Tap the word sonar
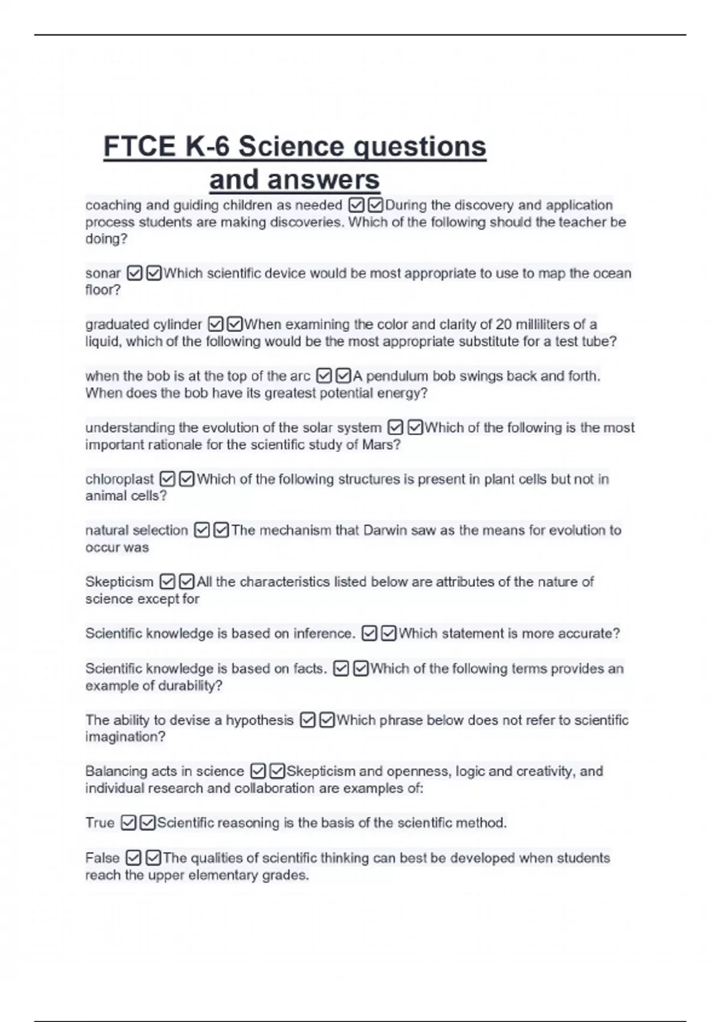pyautogui.click(x=103, y=274)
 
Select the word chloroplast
pyautogui.click(x=120, y=479)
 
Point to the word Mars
pyautogui.click(x=377, y=445)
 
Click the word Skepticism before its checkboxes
pyautogui.click(x=119, y=582)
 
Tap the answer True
pyautogui.click(x=99, y=822)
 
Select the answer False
pyautogui.click(x=102, y=858)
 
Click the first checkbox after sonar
pyautogui.click(x=135, y=274)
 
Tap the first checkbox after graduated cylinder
pyautogui.click(x=215, y=325)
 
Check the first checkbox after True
pyautogui.click(x=128, y=823)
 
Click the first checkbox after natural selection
pyautogui.click(x=202, y=530)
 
